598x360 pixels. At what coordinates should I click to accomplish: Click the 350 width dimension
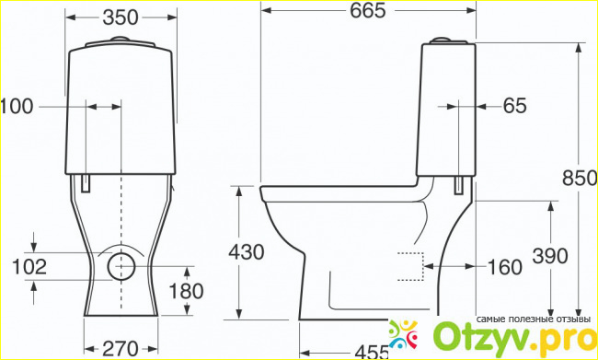pyautogui.click(x=121, y=17)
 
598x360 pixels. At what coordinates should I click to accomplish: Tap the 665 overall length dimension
pyautogui.click(x=368, y=11)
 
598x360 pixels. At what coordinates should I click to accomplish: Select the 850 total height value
pyautogui.click(x=580, y=179)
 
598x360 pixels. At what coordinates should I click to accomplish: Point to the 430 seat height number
pyautogui.click(x=246, y=252)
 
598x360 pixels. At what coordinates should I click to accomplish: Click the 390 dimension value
pyautogui.click(x=550, y=256)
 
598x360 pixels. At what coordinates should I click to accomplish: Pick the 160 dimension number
pyautogui.click(x=504, y=267)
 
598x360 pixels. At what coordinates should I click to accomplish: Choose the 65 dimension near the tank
pyautogui.click(x=514, y=106)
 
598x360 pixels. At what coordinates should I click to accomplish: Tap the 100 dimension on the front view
pyautogui.click(x=17, y=107)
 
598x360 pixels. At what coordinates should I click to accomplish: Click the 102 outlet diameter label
pyautogui.click(x=29, y=266)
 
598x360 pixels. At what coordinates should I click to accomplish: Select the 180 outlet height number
pyautogui.click(x=186, y=292)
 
